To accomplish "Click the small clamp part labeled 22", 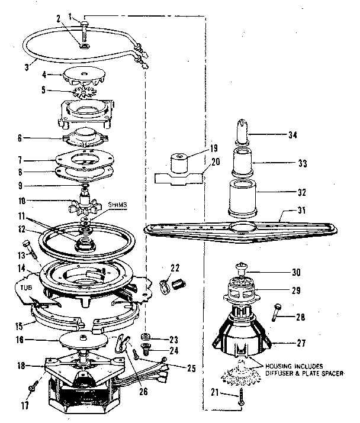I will pos(172,283).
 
